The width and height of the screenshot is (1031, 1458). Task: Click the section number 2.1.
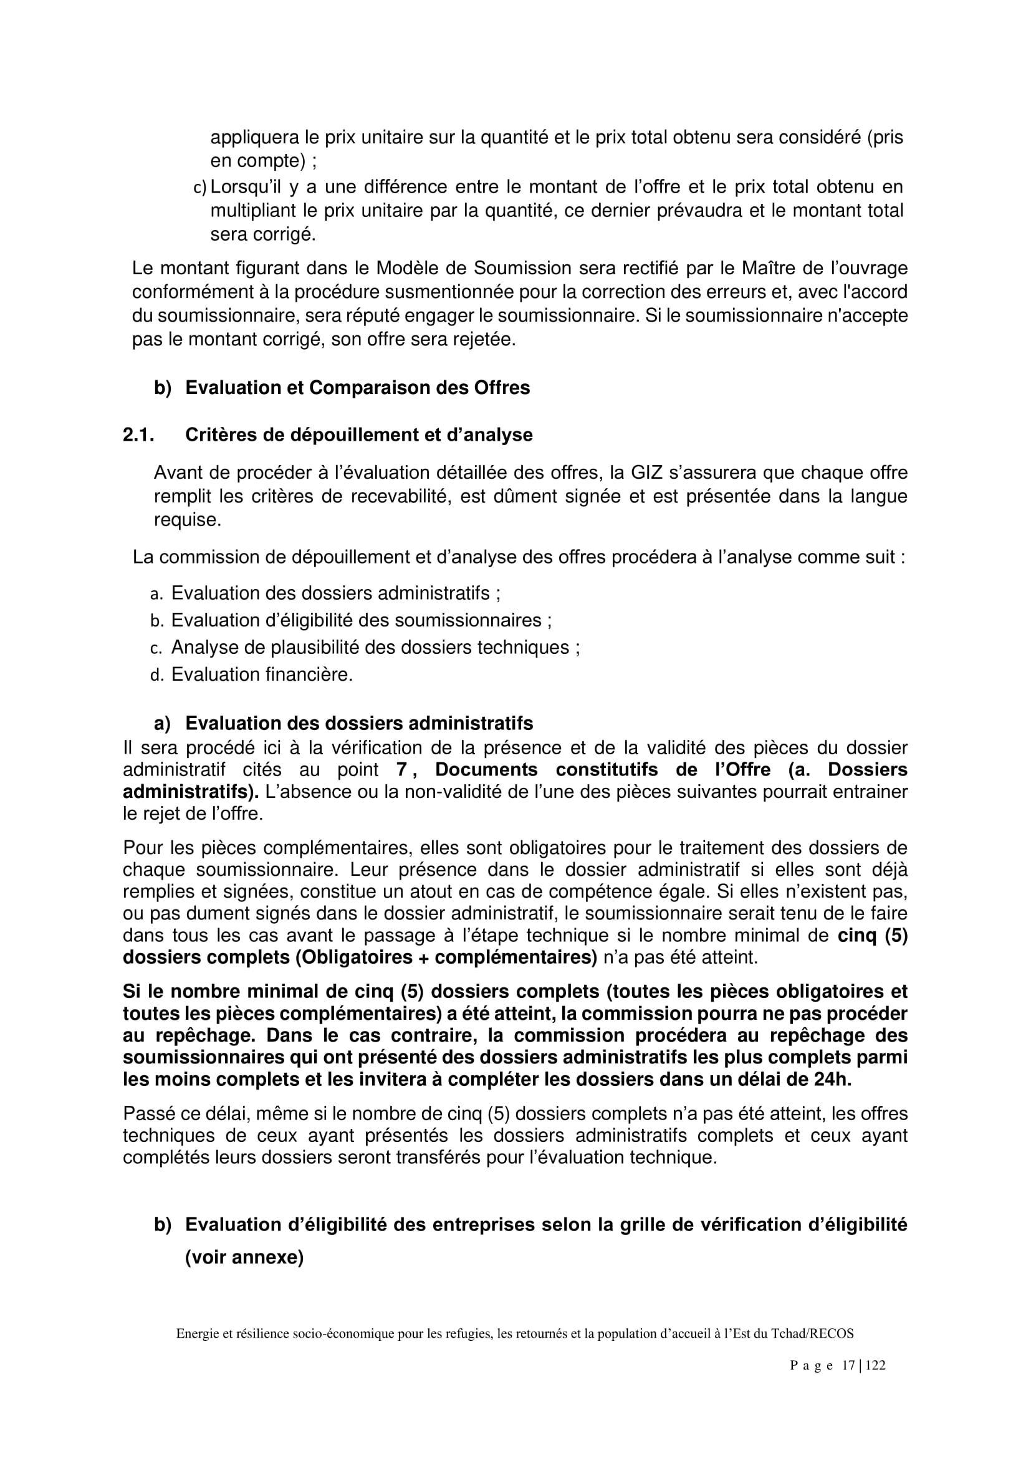click(x=138, y=435)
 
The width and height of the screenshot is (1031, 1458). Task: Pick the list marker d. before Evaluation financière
click(x=157, y=675)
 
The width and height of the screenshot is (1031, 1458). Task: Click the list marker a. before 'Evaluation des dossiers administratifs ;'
click(x=157, y=594)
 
